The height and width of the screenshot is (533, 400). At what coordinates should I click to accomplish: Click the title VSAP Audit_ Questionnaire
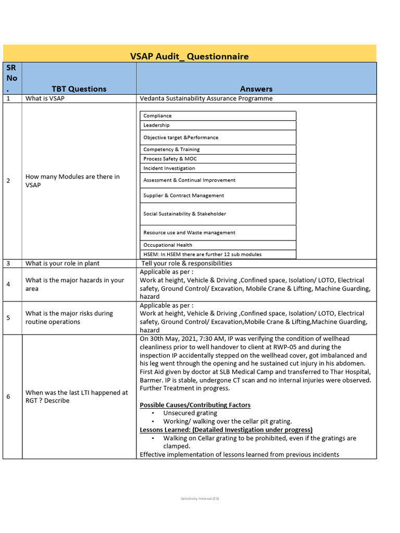pos(189,56)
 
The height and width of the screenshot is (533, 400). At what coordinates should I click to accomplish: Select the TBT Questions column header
pos(79,89)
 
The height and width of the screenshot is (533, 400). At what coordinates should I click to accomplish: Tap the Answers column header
pos(256,89)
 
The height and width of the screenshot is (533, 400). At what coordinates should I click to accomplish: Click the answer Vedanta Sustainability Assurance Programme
pos(206,98)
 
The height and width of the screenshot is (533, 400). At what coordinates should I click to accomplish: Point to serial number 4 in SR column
pos(8,284)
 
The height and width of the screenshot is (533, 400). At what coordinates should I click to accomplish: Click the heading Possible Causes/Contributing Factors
pos(195,405)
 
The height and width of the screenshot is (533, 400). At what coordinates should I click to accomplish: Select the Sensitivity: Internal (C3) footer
pos(200,499)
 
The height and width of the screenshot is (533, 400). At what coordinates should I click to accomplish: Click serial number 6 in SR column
pos(8,397)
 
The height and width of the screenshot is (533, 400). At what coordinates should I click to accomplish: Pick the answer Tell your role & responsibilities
pos(187,263)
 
